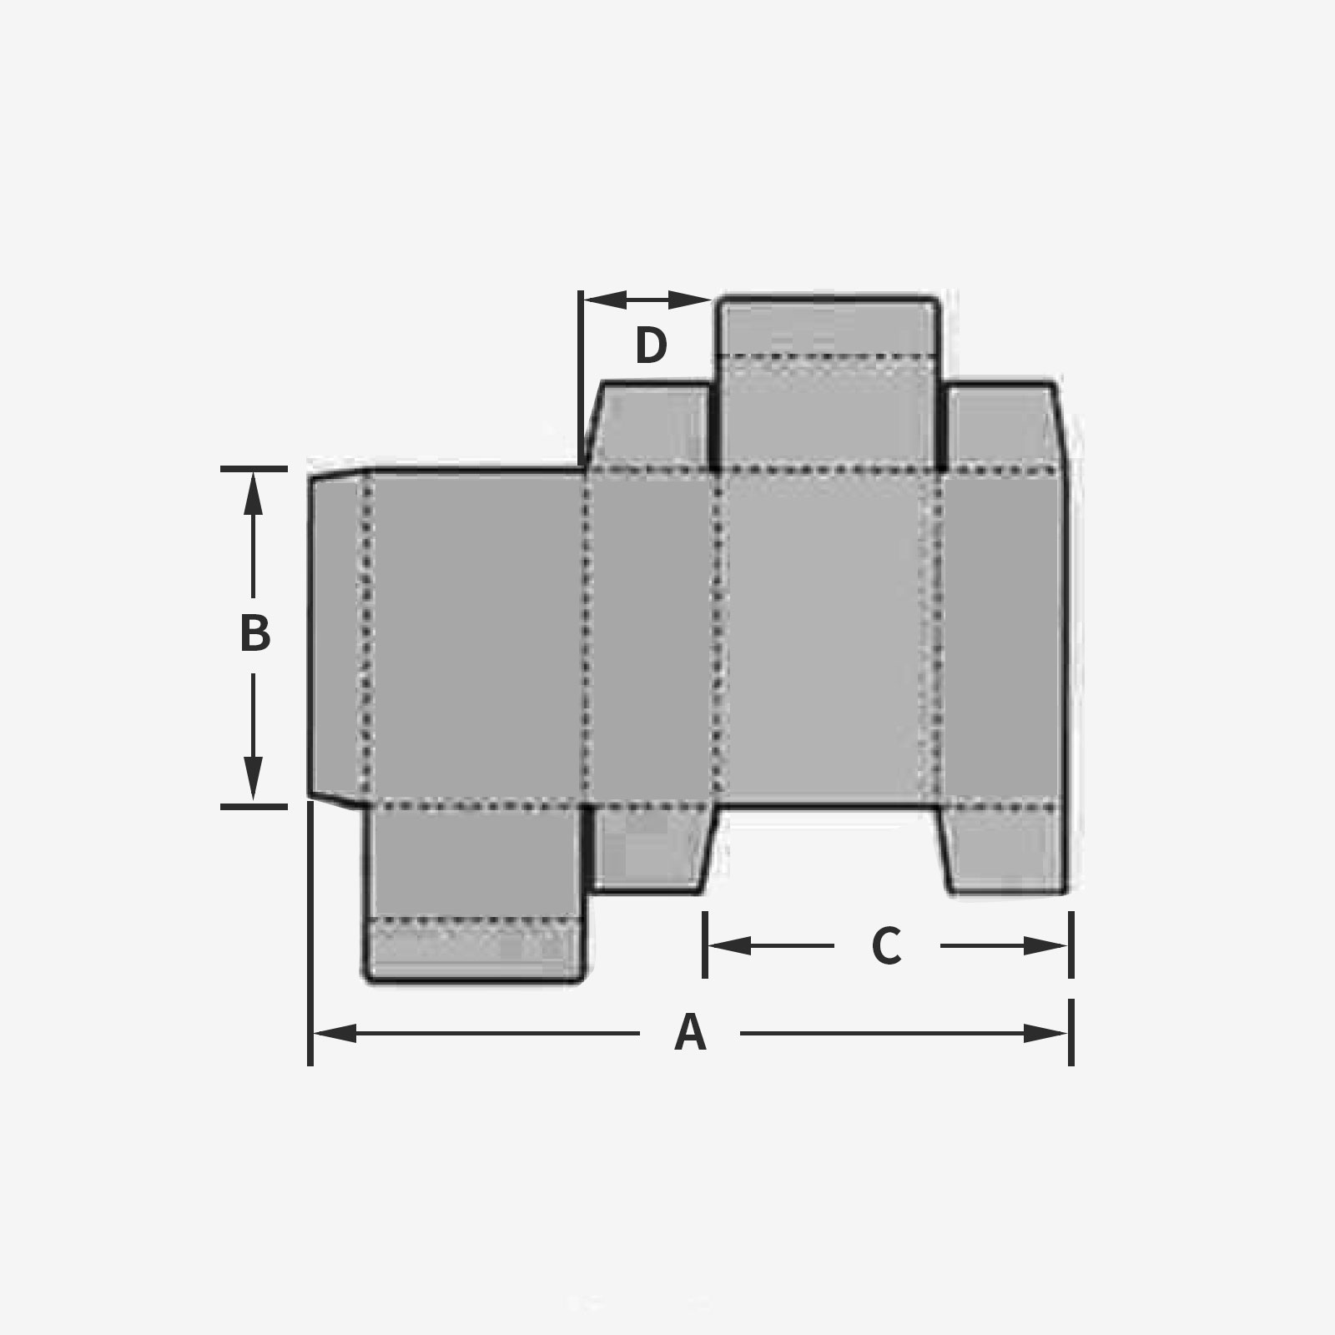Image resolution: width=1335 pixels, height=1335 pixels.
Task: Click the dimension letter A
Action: pyautogui.click(x=690, y=1033)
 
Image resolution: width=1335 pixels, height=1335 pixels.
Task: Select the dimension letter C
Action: pyautogui.click(x=886, y=946)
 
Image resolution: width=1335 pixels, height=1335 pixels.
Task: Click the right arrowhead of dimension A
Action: pyautogui.click(x=1046, y=1034)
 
